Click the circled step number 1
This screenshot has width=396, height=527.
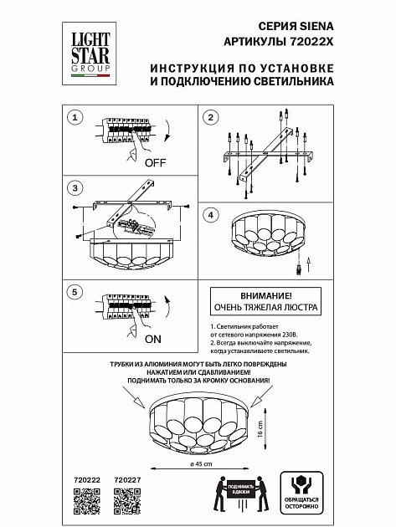click(x=75, y=117)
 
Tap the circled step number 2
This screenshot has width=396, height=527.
click(x=212, y=117)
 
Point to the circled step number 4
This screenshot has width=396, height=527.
click(x=212, y=215)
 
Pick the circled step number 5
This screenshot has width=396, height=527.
click(x=75, y=292)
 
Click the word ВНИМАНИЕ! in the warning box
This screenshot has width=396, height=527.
click(x=264, y=296)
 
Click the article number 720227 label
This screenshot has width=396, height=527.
click(x=126, y=479)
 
